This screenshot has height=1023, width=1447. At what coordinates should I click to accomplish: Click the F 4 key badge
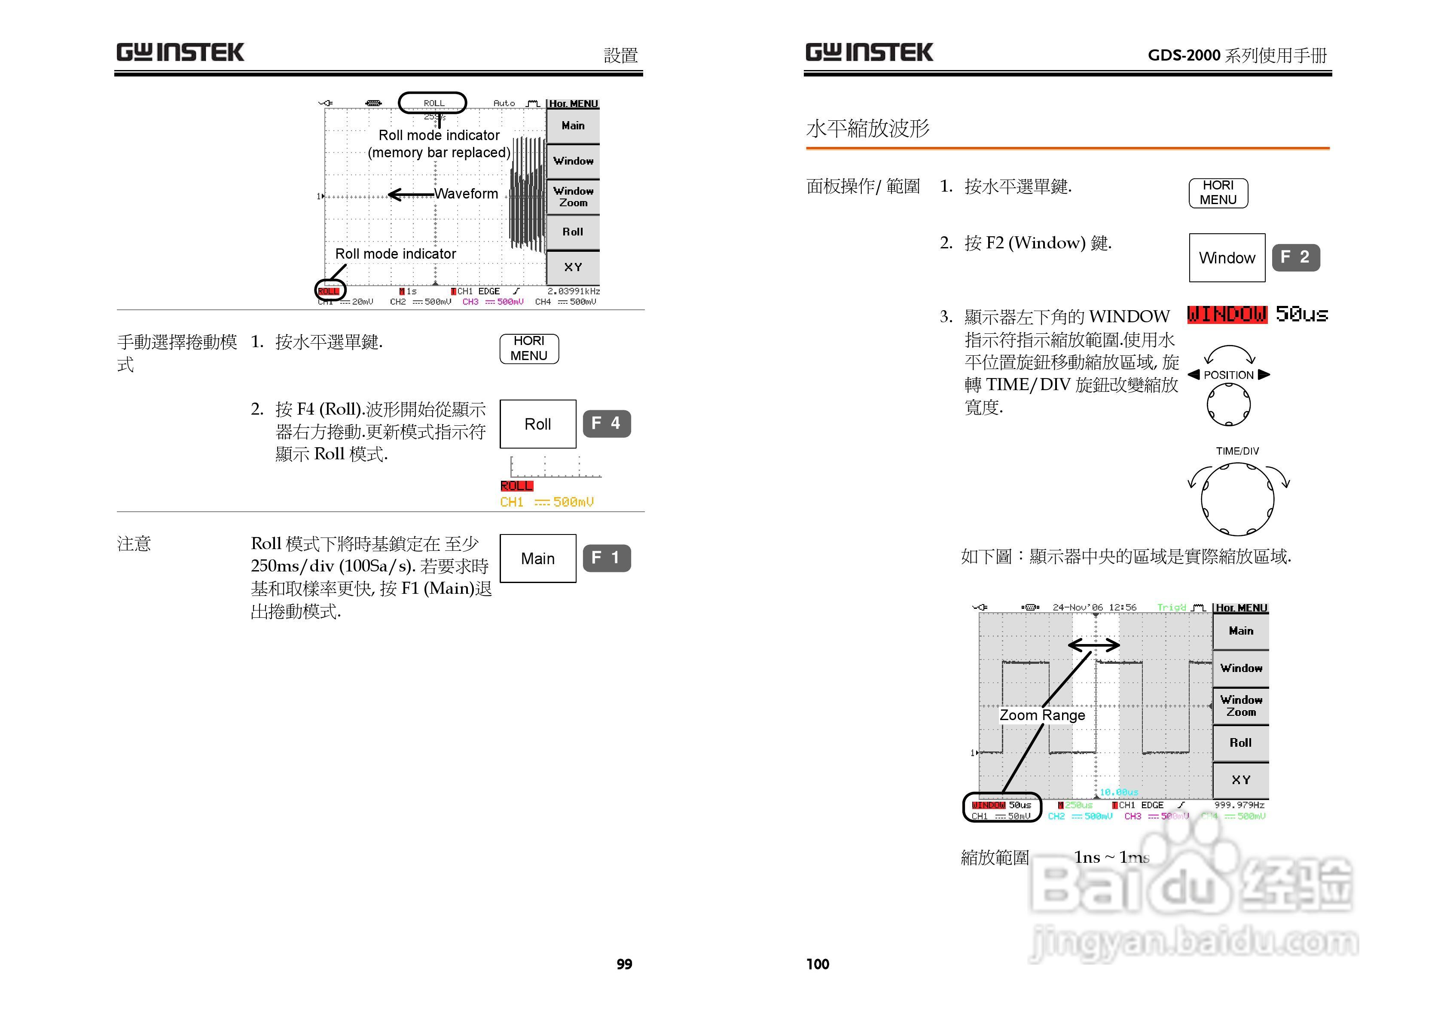(x=606, y=424)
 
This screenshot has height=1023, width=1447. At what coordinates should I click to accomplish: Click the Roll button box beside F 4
(x=537, y=424)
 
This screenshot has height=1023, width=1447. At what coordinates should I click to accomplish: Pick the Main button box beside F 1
(x=537, y=559)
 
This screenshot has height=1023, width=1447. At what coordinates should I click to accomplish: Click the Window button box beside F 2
(x=1227, y=258)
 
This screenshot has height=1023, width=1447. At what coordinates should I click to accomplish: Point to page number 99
(x=624, y=964)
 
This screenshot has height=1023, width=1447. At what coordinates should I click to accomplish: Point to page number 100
(x=818, y=964)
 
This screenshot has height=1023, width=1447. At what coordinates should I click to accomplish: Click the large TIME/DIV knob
(x=1237, y=499)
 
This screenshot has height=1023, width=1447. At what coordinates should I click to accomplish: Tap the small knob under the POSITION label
(x=1228, y=405)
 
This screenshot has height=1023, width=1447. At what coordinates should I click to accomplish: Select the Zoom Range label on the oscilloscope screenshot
(x=1042, y=715)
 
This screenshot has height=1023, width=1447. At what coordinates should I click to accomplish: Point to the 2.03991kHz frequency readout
(x=574, y=291)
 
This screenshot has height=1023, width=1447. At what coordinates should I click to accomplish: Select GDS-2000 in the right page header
(x=1184, y=55)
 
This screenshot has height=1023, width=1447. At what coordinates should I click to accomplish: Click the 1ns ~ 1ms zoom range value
(x=1111, y=857)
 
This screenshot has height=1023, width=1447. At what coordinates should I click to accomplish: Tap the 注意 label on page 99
(x=134, y=544)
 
